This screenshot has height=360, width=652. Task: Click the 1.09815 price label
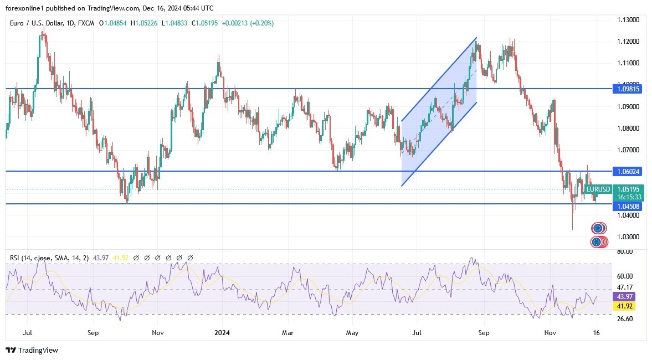[x=628, y=89]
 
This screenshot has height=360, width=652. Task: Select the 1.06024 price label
[x=628, y=171]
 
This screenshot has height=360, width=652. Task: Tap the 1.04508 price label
[x=628, y=206]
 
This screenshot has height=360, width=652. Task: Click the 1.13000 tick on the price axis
[x=628, y=20]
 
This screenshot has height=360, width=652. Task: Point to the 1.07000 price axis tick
[x=628, y=150]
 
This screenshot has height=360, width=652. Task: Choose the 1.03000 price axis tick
[x=628, y=237]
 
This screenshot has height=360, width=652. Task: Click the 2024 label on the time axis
[x=222, y=333]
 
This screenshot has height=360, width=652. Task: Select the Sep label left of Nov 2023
[x=93, y=333]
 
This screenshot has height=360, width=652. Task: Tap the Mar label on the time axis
[x=288, y=333]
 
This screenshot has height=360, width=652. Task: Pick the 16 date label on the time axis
[x=596, y=333]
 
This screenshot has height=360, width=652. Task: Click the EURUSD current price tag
[x=599, y=189]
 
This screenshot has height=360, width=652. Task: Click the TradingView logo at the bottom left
[x=32, y=350]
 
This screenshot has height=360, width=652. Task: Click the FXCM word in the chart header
[x=86, y=23]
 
